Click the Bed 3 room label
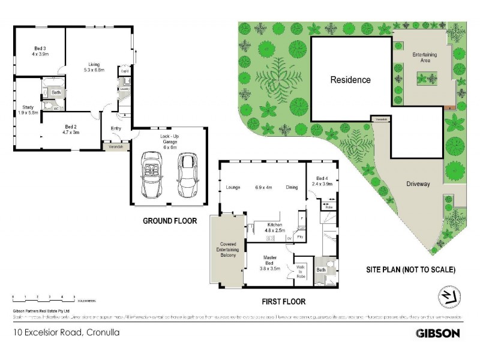pyautogui.click(x=40, y=52)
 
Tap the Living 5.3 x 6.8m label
pyautogui.click(x=94, y=67)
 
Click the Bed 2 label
pyautogui.click(x=71, y=130)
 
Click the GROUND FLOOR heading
pyautogui.click(x=169, y=221)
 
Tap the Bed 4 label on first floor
pyautogui.click(x=323, y=181)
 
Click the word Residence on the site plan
pyautogui.click(x=350, y=79)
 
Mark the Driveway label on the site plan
pyautogui.click(x=418, y=184)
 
